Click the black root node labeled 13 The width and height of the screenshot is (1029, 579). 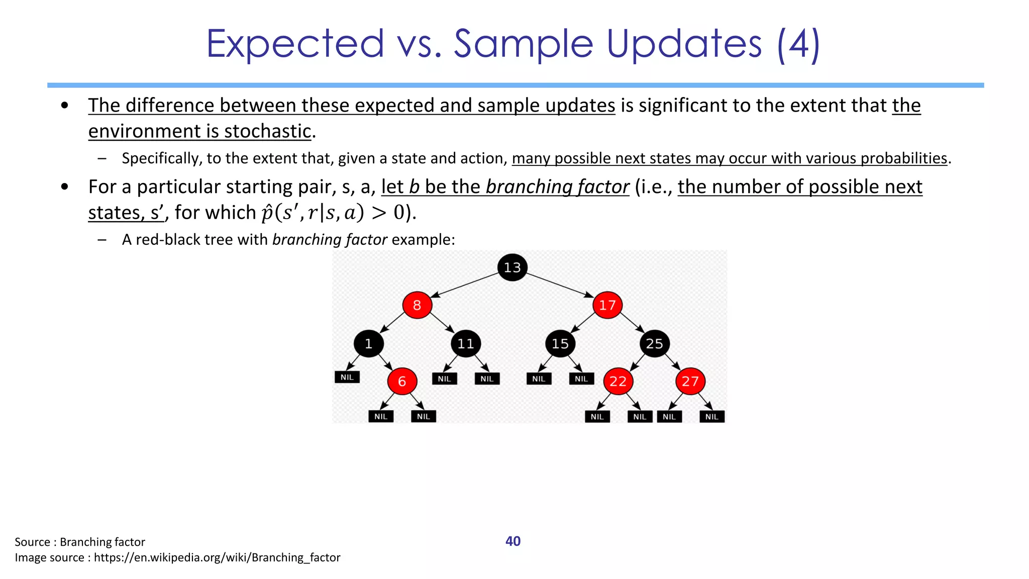pos(512,267)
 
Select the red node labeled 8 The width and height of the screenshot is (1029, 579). pos(417,305)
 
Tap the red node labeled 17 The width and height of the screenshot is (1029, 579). pos(607,305)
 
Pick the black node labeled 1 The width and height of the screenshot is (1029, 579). pos(368,344)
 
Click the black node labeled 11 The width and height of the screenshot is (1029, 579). pos(465,344)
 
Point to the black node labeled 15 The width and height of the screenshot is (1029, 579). pos(560,344)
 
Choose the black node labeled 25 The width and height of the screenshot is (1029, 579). pos(654,344)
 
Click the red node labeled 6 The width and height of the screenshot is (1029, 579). pos(402,381)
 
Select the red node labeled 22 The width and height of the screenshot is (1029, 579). pos(618,381)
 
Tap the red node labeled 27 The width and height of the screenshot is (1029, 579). pos(690,381)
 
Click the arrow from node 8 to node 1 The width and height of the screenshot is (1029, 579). pos(392,322)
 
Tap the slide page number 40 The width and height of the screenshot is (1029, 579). pos(512,541)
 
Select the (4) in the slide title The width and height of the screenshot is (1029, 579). pos(798,44)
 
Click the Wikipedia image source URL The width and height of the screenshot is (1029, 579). pos(217,557)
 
